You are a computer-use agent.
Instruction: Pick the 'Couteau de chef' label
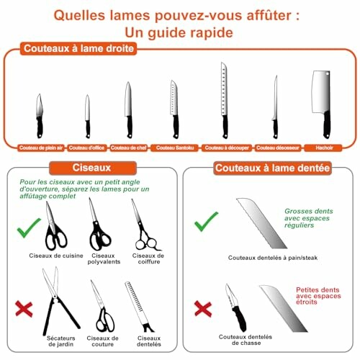(x=128, y=147)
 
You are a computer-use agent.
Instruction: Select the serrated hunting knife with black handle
(x=235, y=305)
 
